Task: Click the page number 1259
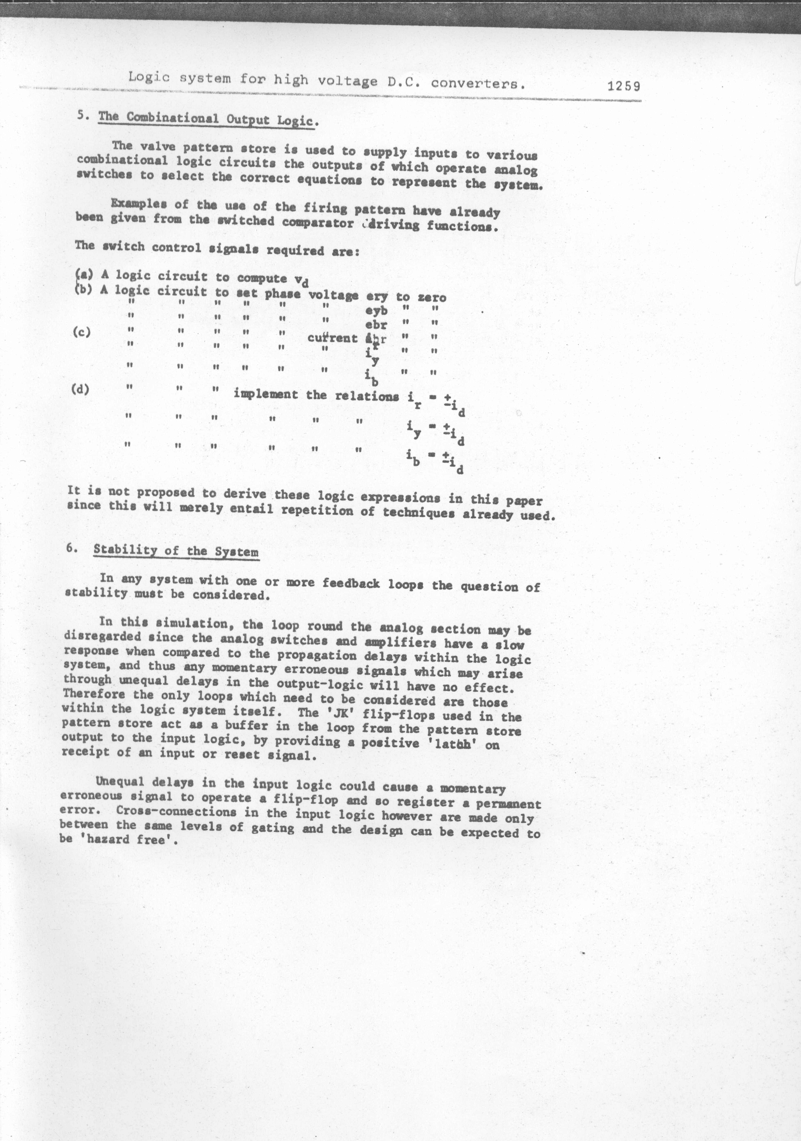[624, 86]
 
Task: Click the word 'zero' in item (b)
[431, 298]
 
